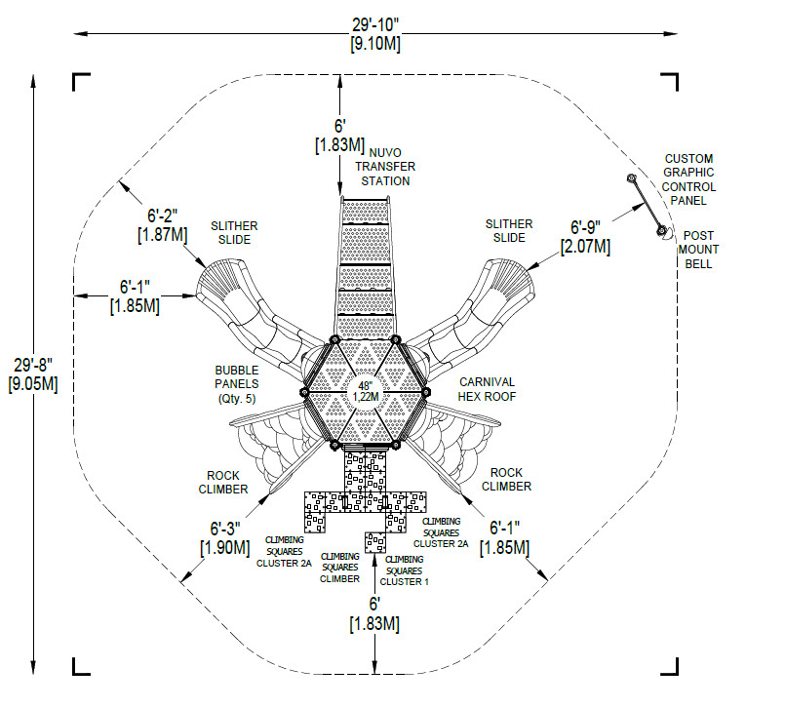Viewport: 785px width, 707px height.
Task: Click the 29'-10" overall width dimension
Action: (375, 34)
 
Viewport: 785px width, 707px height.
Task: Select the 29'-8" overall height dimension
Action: (33, 374)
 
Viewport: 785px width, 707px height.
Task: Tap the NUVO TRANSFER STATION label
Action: (385, 167)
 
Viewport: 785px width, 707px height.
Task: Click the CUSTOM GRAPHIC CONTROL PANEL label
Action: (688, 179)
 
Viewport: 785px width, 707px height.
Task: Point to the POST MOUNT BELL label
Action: (698, 250)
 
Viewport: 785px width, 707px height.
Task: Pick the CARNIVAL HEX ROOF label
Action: (487, 389)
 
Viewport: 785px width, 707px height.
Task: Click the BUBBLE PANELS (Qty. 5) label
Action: (237, 384)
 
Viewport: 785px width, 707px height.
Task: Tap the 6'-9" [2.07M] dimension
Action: (585, 237)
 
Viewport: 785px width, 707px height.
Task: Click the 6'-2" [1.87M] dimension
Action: (162, 225)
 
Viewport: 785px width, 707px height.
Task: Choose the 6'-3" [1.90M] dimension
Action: (225, 537)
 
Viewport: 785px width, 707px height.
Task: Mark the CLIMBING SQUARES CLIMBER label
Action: (340, 568)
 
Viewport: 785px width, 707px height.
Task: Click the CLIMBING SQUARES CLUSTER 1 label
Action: (405, 570)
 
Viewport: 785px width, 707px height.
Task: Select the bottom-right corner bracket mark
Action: (669, 666)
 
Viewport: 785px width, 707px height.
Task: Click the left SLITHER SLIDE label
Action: (234, 233)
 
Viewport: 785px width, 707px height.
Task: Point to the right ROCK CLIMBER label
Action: (506, 480)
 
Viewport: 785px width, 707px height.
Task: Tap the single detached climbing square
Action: (375, 543)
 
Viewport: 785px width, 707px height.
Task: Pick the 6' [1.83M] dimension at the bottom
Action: (374, 614)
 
